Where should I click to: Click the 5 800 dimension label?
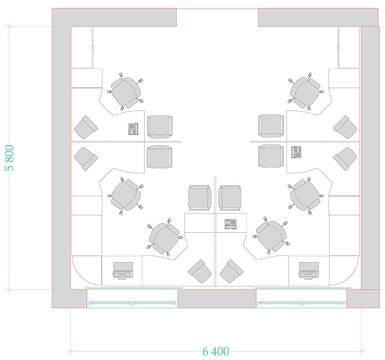tap(10, 158)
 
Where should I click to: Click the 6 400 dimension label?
tap(216, 352)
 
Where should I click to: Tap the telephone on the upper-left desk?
tap(133, 129)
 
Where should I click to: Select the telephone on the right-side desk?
tap(296, 152)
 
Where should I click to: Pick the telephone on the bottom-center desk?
tap(231, 224)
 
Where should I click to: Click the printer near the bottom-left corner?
tap(123, 271)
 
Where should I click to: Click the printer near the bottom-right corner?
tap(309, 271)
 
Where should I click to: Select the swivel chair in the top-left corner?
tap(126, 91)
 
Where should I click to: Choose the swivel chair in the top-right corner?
tap(306, 91)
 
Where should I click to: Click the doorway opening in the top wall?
tap(217, 17)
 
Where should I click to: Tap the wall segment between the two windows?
tap(217, 298)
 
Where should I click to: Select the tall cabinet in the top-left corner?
tap(82, 47)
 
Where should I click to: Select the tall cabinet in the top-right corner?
tap(348, 47)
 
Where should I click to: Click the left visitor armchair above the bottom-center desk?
tap(199, 197)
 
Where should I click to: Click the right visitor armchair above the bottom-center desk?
tap(230, 197)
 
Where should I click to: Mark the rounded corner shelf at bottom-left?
tap(86, 271)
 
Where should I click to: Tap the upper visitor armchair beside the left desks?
tap(160, 126)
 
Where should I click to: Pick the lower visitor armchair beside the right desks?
tap(271, 156)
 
